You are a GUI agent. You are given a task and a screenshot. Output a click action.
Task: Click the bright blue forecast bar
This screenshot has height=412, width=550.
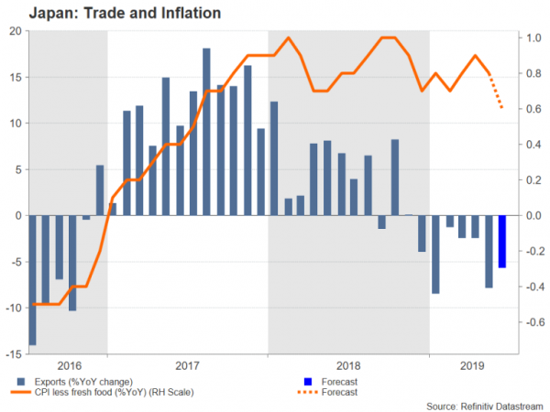502,242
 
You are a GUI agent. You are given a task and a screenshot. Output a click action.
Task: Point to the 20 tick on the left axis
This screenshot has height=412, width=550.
16,31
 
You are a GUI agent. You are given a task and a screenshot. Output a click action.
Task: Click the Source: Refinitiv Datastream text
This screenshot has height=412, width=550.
486,405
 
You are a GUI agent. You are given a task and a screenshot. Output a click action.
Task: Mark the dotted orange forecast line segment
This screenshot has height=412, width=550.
496,92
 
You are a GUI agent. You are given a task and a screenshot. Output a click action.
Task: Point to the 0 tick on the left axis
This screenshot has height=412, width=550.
19,215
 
